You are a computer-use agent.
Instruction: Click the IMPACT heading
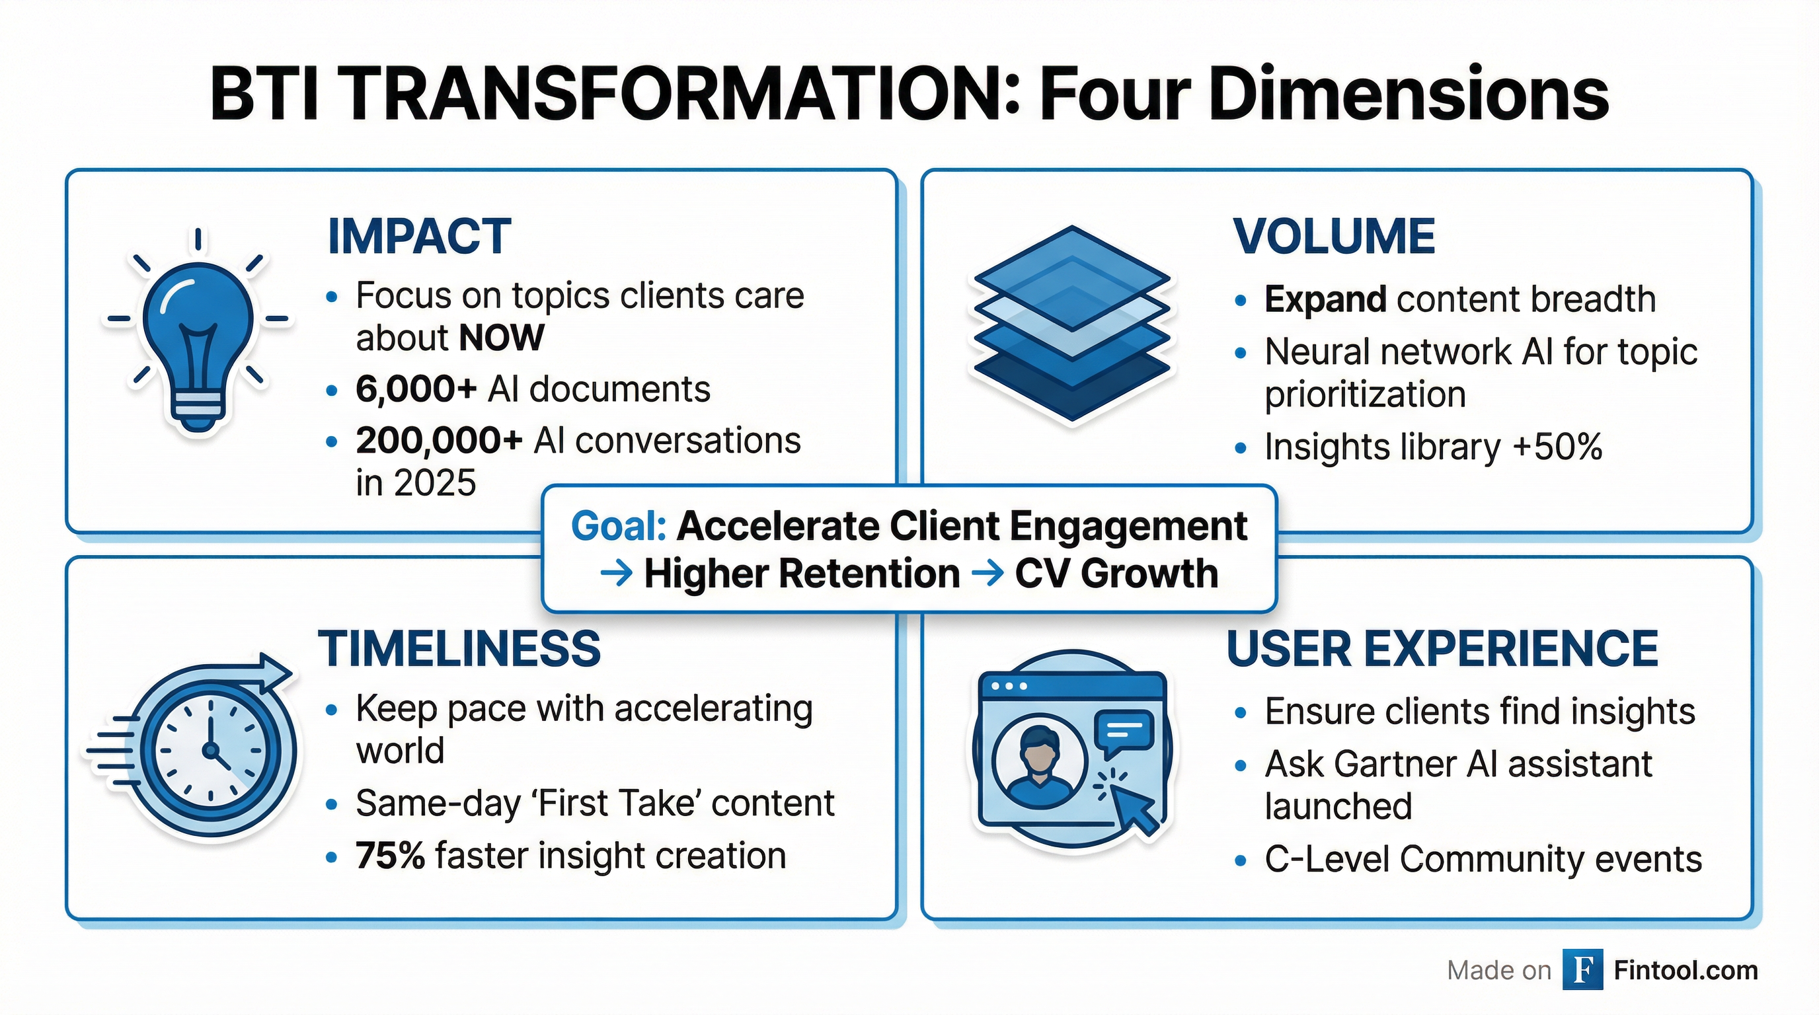[420, 237]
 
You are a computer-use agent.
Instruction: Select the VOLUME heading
[1334, 237]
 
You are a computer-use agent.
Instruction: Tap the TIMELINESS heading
[459, 649]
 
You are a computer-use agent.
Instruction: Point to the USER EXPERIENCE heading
[1443, 649]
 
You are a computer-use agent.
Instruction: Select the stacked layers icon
[1072, 324]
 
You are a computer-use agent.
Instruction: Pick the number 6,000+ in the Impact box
[416, 389]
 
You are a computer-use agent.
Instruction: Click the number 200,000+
[438, 441]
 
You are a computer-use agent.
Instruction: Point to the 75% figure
[390, 856]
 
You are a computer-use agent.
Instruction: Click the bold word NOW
[502, 338]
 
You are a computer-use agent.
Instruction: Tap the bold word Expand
[1325, 299]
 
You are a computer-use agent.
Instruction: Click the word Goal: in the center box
[619, 527]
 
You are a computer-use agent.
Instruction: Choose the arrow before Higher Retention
[616, 573]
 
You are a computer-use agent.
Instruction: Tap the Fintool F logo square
[1582, 970]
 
